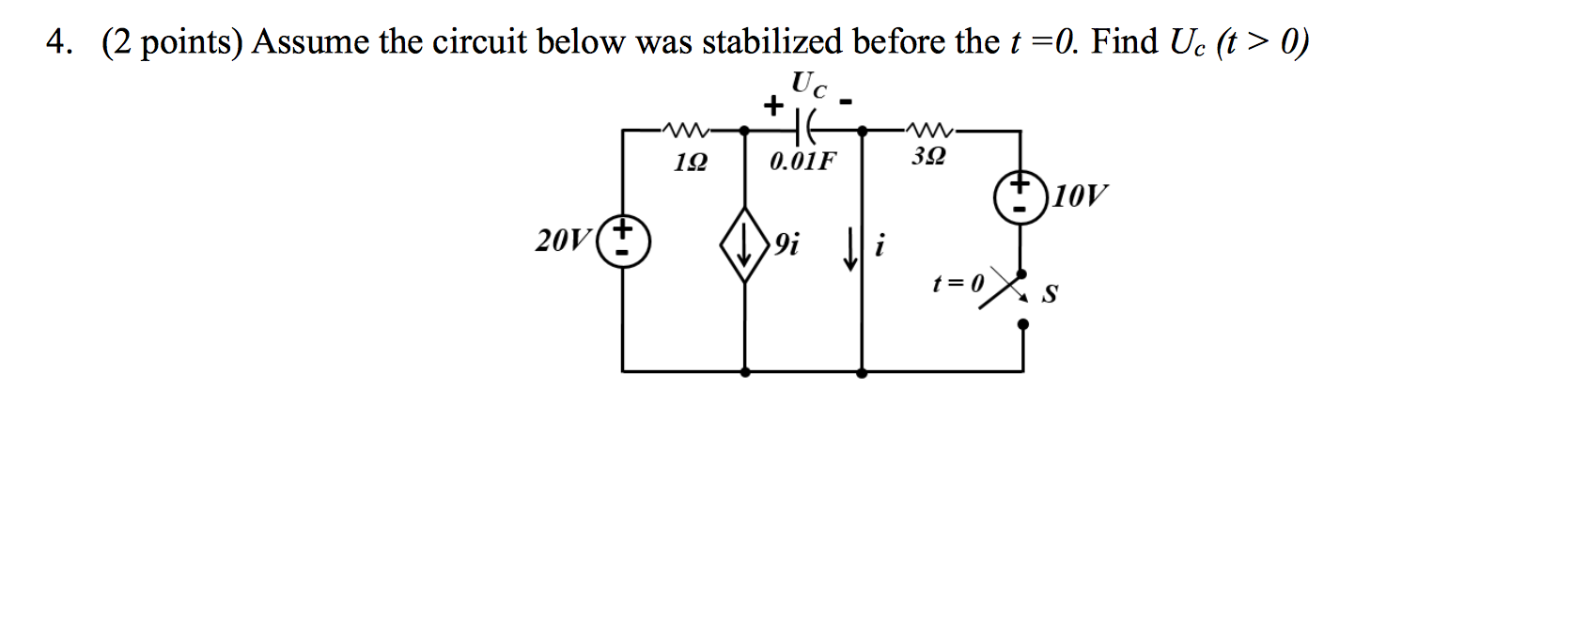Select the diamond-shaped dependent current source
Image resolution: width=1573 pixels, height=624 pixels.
coord(744,244)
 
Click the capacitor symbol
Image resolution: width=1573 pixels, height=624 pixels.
coord(802,129)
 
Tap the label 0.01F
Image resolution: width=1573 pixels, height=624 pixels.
coord(803,162)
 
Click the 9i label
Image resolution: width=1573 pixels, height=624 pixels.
coord(786,243)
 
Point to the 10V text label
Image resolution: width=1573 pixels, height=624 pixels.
coord(1080,195)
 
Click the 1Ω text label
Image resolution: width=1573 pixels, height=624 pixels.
coord(691,164)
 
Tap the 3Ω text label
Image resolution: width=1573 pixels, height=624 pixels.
coord(928,156)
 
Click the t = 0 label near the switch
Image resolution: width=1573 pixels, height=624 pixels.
coord(958,284)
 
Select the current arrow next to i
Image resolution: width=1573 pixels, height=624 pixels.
coord(850,248)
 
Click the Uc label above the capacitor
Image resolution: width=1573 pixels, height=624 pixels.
coord(809,85)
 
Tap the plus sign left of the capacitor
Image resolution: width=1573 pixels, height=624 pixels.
coord(773,106)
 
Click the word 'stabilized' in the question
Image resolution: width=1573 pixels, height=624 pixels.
coord(772,42)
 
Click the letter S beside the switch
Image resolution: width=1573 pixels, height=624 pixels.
coord(1049,293)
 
